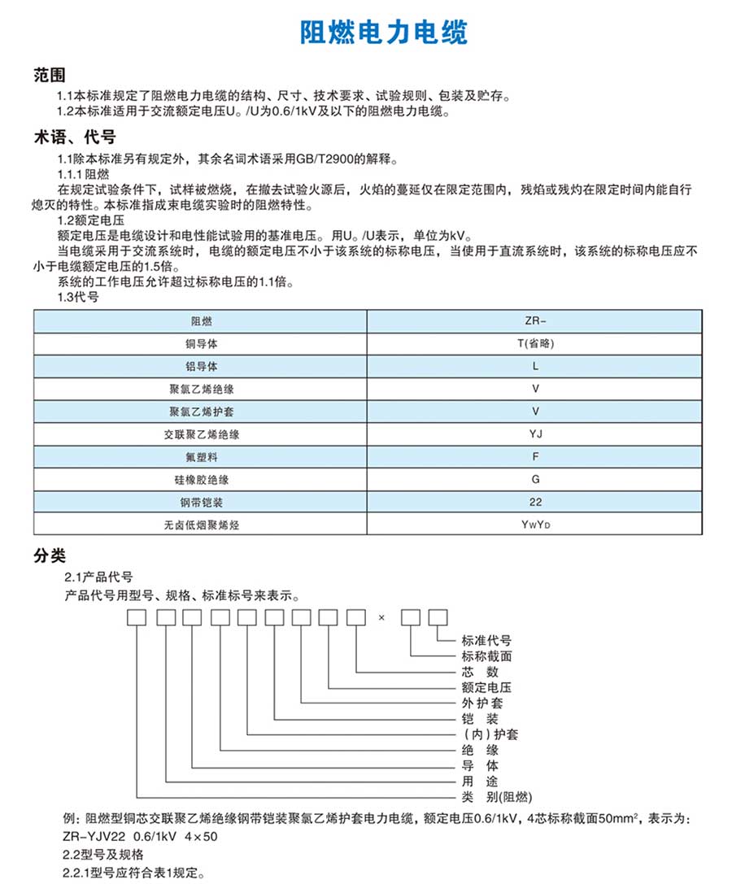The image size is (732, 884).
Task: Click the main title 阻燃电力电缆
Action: [384, 33]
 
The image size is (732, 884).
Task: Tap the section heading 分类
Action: [50, 555]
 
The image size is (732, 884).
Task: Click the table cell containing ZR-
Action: [535, 322]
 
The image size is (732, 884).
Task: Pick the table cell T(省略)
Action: [535, 344]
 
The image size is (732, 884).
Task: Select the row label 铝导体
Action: [201, 367]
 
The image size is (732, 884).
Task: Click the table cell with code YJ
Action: [535, 434]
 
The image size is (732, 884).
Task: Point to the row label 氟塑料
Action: [201, 457]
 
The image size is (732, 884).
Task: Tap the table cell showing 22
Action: [535, 502]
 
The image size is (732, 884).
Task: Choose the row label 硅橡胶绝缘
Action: [201, 479]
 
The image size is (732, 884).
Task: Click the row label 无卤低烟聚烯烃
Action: [201, 525]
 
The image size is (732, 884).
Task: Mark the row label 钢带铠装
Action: [201, 502]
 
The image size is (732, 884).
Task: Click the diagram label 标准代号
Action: [486, 641]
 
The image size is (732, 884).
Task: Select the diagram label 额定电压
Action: [486, 687]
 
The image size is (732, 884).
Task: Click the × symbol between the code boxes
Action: [381, 618]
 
